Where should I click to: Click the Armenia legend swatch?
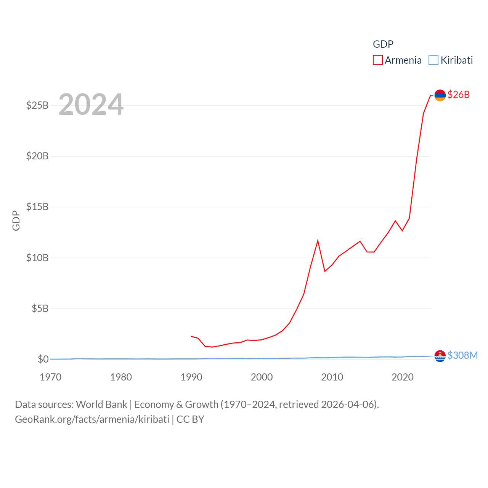377,60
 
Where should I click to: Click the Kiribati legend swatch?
433,60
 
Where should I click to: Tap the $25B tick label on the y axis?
37,105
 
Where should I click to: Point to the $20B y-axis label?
37,156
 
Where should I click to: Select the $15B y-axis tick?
37,207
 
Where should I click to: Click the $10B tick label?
37,258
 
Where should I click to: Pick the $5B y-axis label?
40,308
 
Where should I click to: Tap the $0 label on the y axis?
43,359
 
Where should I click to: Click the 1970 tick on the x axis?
51,377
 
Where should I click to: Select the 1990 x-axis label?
191,377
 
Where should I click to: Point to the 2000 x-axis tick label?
262,377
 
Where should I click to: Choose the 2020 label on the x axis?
403,377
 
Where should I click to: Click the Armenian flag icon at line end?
440,95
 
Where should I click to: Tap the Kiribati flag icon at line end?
440,356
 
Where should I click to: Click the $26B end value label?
459,95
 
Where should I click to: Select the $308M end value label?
462,355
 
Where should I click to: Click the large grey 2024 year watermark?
91,104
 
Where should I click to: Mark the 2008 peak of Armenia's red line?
318,241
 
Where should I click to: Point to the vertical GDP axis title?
16,220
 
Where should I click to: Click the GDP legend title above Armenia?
383,44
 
